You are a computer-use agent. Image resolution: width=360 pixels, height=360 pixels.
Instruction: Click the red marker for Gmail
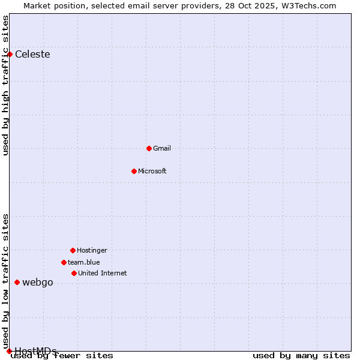click(x=149, y=148)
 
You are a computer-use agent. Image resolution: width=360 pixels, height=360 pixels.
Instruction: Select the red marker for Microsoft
click(x=134, y=171)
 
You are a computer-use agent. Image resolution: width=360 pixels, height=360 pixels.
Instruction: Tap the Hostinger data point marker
click(x=73, y=250)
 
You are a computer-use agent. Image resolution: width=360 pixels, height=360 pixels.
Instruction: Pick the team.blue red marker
click(x=64, y=262)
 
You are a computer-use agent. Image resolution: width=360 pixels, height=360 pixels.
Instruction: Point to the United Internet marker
click(x=74, y=273)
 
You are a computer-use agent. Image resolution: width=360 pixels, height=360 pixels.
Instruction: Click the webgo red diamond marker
click(x=17, y=282)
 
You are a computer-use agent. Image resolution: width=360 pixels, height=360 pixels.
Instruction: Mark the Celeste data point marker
click(x=10, y=54)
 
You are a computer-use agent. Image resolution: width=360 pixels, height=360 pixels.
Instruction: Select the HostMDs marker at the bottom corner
click(x=9, y=351)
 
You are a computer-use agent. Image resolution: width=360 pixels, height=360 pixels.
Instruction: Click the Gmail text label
click(x=162, y=148)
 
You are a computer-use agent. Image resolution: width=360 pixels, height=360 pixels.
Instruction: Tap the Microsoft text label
click(x=152, y=171)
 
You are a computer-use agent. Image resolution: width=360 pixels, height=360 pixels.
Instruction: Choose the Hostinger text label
click(x=92, y=250)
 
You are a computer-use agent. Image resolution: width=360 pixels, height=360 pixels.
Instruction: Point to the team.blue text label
click(x=84, y=262)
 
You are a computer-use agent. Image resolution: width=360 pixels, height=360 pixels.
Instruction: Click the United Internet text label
click(x=103, y=273)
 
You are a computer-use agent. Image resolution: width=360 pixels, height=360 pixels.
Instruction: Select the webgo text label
click(x=38, y=283)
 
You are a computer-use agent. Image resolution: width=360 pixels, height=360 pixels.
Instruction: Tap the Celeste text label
click(x=32, y=55)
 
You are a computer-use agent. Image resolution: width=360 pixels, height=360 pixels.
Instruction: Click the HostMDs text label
click(x=35, y=350)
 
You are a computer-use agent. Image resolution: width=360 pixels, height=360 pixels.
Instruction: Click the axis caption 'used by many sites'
click(x=301, y=356)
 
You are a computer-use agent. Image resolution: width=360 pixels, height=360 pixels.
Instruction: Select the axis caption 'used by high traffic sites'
click(x=6, y=85)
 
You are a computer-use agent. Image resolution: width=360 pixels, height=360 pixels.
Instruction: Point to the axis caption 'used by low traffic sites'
click(x=6, y=281)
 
